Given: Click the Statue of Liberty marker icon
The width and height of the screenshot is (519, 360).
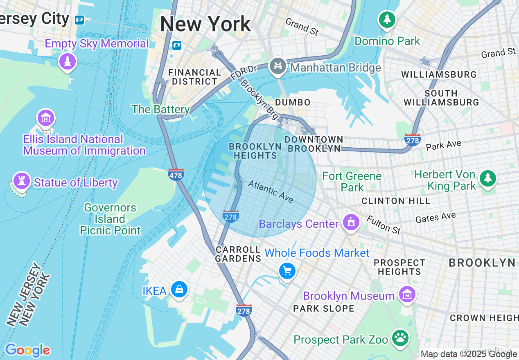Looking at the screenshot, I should pos(21,180).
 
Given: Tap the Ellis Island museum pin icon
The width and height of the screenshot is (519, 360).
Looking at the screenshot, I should pos(46,118).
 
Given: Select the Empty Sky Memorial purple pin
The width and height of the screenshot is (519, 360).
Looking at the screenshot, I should pos(68,61).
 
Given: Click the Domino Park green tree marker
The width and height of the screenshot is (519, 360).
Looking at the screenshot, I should pos(387,19).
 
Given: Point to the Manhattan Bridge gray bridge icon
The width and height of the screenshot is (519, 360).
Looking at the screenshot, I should pos(278,65).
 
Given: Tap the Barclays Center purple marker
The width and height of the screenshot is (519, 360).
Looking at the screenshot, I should pos(351,223).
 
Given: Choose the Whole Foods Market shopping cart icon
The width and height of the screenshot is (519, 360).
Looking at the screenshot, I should pos(287,271).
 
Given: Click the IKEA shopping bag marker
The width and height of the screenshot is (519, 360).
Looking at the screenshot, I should pos(179,290).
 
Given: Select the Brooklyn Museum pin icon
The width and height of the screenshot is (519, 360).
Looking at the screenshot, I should pos(407,294).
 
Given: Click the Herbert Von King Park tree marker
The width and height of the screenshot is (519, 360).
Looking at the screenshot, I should pos(487,178).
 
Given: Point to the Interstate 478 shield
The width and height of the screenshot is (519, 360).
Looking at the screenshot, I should pos(176,175).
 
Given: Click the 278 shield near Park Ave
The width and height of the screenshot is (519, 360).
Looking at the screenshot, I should pos(412,140).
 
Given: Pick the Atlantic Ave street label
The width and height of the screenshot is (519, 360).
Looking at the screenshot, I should pos(271,191).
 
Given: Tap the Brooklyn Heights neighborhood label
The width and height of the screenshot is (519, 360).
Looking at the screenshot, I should pos(255,151).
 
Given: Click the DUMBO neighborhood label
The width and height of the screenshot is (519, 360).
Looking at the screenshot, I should pos(293,102).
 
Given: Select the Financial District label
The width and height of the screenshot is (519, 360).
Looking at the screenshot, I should pos(194,77).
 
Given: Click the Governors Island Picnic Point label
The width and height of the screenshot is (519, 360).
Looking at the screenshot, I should pos(110,219).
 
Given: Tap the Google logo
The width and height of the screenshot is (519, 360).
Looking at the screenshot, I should pos(27,350).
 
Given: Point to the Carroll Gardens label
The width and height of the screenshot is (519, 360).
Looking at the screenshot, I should pos(238,254).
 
